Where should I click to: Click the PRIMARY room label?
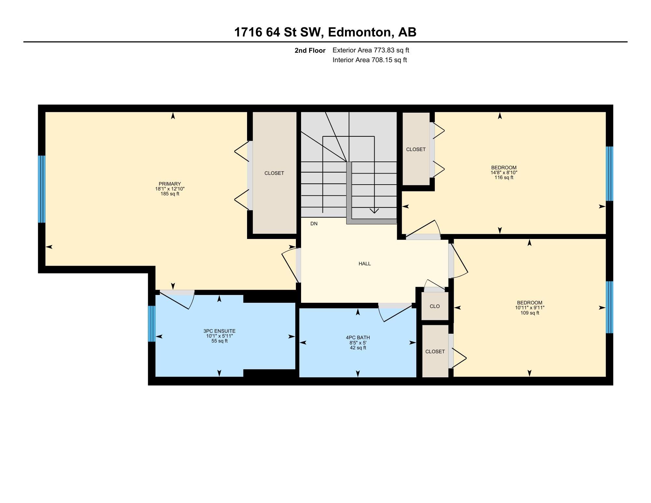pos(170,184)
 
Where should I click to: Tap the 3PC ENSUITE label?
pos(219,331)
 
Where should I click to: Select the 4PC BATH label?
pos(358,338)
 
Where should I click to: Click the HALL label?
pos(365,264)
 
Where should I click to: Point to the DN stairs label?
pos(314,224)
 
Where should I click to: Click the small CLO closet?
pos(435,306)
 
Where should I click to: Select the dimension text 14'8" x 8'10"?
pos(504,173)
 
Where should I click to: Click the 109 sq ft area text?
pos(530,313)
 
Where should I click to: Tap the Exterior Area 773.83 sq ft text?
pos(370,50)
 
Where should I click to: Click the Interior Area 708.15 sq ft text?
pos(369,60)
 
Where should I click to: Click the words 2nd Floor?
pos(310,50)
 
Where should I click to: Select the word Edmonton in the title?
pos(359,32)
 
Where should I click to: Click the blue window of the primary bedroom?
pos(41,189)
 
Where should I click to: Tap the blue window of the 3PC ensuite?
pos(151,324)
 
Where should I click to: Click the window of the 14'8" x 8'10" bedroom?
pos(609,174)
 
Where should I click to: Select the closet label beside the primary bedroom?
pos(274,173)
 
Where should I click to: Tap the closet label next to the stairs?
pos(416,149)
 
